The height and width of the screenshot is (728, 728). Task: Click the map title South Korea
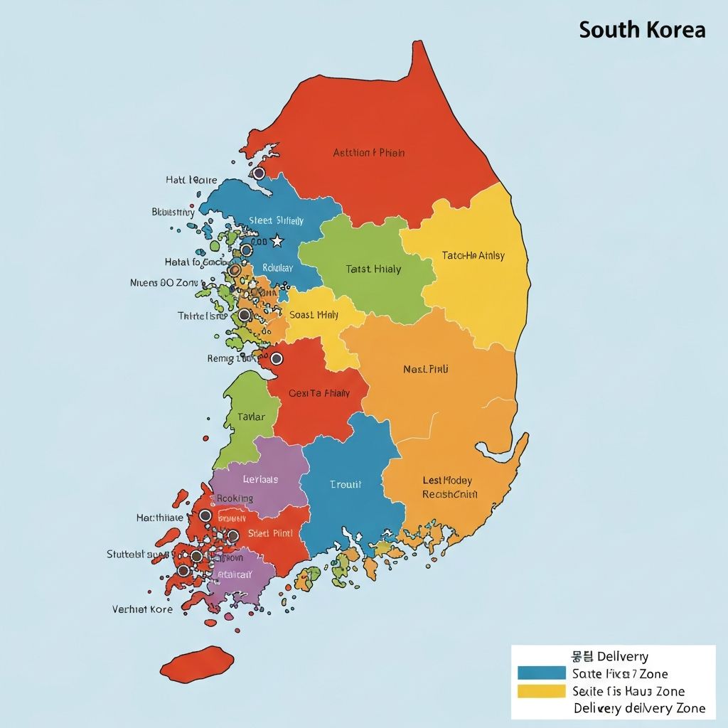(x=642, y=30)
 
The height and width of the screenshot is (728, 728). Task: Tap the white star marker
(x=277, y=242)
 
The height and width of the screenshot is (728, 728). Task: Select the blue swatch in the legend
(x=541, y=673)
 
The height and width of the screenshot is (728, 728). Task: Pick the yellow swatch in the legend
(x=541, y=690)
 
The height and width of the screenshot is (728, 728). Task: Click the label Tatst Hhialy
(x=373, y=269)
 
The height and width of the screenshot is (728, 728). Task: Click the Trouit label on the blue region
(x=346, y=484)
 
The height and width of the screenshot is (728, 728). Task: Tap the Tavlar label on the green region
(x=251, y=417)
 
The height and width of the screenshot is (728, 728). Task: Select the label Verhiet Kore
(x=142, y=609)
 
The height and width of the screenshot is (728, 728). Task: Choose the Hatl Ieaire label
(x=191, y=180)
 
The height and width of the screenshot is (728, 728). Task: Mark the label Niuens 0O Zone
(x=164, y=282)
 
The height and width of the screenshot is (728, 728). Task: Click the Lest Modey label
(x=447, y=481)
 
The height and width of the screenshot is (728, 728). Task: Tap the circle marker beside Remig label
(x=277, y=358)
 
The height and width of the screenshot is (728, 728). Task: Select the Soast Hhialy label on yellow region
(x=314, y=314)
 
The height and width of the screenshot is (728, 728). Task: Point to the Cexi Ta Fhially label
(x=319, y=392)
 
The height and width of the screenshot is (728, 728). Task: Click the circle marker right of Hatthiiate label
(x=205, y=515)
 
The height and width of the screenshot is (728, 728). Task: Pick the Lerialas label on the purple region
(x=260, y=479)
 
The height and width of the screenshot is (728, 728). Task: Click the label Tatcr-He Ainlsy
(x=473, y=255)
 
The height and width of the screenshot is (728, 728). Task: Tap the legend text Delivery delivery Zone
(x=639, y=707)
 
